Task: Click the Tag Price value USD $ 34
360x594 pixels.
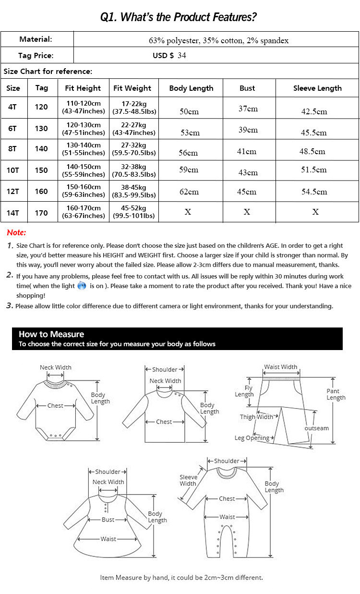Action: pos(169,55)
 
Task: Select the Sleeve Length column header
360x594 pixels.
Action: pos(317,88)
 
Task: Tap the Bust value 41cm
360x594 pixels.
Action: pos(247,152)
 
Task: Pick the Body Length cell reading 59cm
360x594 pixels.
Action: pos(189,170)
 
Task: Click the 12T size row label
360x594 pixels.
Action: pos(13,191)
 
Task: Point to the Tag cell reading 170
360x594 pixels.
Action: pos(41,212)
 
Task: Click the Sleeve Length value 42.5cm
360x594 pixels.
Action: pos(314,111)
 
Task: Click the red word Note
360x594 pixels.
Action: pos(16,233)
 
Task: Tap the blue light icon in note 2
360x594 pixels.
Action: pos(82,286)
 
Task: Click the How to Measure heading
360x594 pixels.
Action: pos(51,334)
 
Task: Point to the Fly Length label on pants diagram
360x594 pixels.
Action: pos(244,391)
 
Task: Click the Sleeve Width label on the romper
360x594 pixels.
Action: pos(188,480)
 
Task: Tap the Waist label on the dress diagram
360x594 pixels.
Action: pos(108,539)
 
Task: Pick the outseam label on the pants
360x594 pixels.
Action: pos(317,428)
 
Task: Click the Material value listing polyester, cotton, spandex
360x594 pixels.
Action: pos(218,41)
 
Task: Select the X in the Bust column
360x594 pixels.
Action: pos(247,212)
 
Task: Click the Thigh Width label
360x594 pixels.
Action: pos(256,417)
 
